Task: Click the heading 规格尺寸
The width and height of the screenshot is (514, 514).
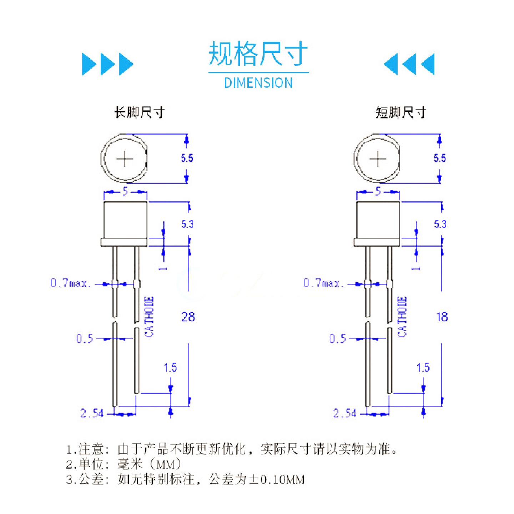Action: coord(258,54)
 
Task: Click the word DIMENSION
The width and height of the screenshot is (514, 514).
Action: coord(258,83)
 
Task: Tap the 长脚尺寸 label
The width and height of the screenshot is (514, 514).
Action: coord(139,112)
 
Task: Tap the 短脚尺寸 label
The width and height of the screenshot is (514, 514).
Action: coord(401,112)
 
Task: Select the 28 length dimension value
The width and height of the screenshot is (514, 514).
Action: coord(188,317)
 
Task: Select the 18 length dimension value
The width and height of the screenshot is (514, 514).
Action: coord(442,317)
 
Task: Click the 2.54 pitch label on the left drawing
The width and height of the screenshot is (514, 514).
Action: coord(92,413)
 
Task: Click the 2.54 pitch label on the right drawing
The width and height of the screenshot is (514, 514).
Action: coord(345,413)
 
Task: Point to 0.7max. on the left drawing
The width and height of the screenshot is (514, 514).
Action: coord(70,283)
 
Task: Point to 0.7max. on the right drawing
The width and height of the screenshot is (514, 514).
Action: coord(323,283)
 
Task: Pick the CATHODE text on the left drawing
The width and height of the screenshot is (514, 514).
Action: coord(149,317)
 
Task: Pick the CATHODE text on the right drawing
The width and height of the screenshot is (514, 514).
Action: coord(402,317)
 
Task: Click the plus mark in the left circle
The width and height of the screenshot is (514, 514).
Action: coord(125,159)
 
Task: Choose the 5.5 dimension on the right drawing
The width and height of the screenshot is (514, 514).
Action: coord(440,158)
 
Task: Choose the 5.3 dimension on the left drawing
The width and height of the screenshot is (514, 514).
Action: coord(187,224)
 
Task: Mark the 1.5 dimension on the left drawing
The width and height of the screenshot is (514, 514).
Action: coord(170,368)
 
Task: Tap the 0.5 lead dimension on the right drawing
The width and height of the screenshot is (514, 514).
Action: coord(337,338)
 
